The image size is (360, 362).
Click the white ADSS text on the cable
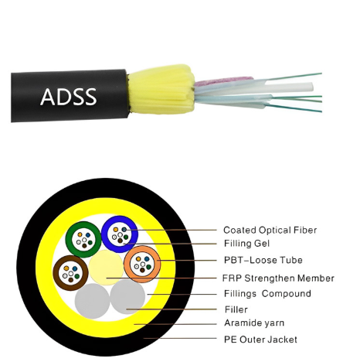(x=69, y=97)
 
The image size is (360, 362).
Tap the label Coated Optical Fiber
(x=270, y=230)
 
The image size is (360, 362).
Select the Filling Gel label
(x=246, y=243)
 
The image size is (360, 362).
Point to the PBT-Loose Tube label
(x=263, y=260)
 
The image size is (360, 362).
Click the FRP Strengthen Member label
(x=278, y=278)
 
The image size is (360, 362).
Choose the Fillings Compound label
(x=267, y=293)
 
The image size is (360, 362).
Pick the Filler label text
(x=236, y=309)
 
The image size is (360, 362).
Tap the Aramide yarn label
(x=254, y=323)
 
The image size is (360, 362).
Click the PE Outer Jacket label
(x=260, y=340)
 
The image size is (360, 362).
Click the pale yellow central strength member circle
(x=106, y=268)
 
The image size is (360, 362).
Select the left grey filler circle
(x=92, y=301)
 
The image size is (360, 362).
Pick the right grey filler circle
(x=127, y=296)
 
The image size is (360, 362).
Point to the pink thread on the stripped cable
(x=223, y=80)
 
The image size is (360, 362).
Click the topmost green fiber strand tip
(x=321, y=73)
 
